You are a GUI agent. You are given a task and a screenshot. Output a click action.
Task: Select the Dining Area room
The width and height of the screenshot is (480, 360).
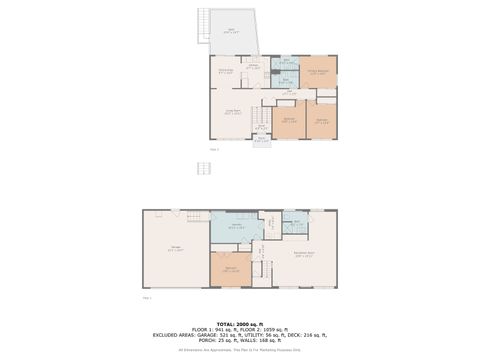227,72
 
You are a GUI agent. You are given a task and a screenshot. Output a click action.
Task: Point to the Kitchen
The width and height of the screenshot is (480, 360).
253,72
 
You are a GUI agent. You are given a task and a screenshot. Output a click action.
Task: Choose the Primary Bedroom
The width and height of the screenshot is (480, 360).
318,74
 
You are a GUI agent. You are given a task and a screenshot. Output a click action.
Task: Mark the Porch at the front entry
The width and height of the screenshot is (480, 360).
260,140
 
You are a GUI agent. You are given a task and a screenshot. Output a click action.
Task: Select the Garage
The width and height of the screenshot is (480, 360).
176,250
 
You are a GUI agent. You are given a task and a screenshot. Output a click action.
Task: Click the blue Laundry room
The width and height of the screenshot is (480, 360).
237,227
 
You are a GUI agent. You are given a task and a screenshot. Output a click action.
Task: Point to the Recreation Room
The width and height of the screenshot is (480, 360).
306,256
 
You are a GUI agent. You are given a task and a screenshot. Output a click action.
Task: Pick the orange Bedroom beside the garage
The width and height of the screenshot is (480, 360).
230,269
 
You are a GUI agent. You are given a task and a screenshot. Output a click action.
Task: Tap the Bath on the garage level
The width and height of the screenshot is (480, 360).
294,222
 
